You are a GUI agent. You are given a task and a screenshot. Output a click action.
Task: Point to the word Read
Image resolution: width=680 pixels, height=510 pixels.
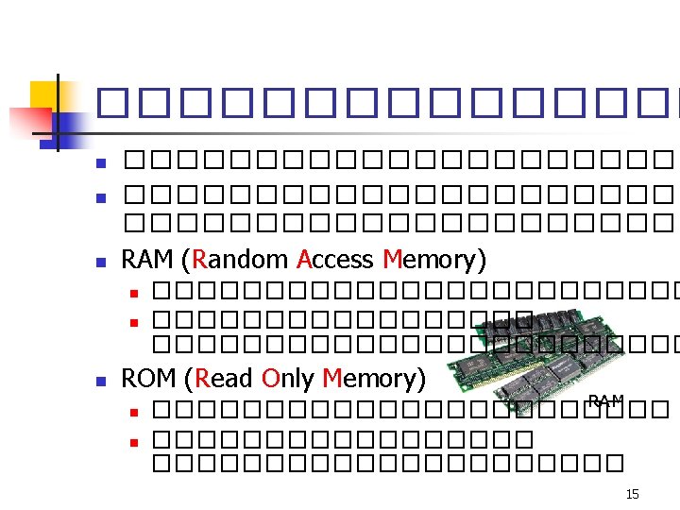pos(225,379)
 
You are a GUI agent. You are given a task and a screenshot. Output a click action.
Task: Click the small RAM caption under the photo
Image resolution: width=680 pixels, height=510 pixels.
pos(604,401)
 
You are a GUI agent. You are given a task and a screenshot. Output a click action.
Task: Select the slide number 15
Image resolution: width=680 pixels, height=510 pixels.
pos(632,494)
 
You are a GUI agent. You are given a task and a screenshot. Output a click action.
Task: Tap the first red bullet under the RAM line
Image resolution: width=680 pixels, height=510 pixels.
pos(133,290)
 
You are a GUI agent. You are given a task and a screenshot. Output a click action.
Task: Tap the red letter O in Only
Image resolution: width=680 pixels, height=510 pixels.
pos(270,379)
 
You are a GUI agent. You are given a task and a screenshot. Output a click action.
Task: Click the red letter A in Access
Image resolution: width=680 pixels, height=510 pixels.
pos(304,259)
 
